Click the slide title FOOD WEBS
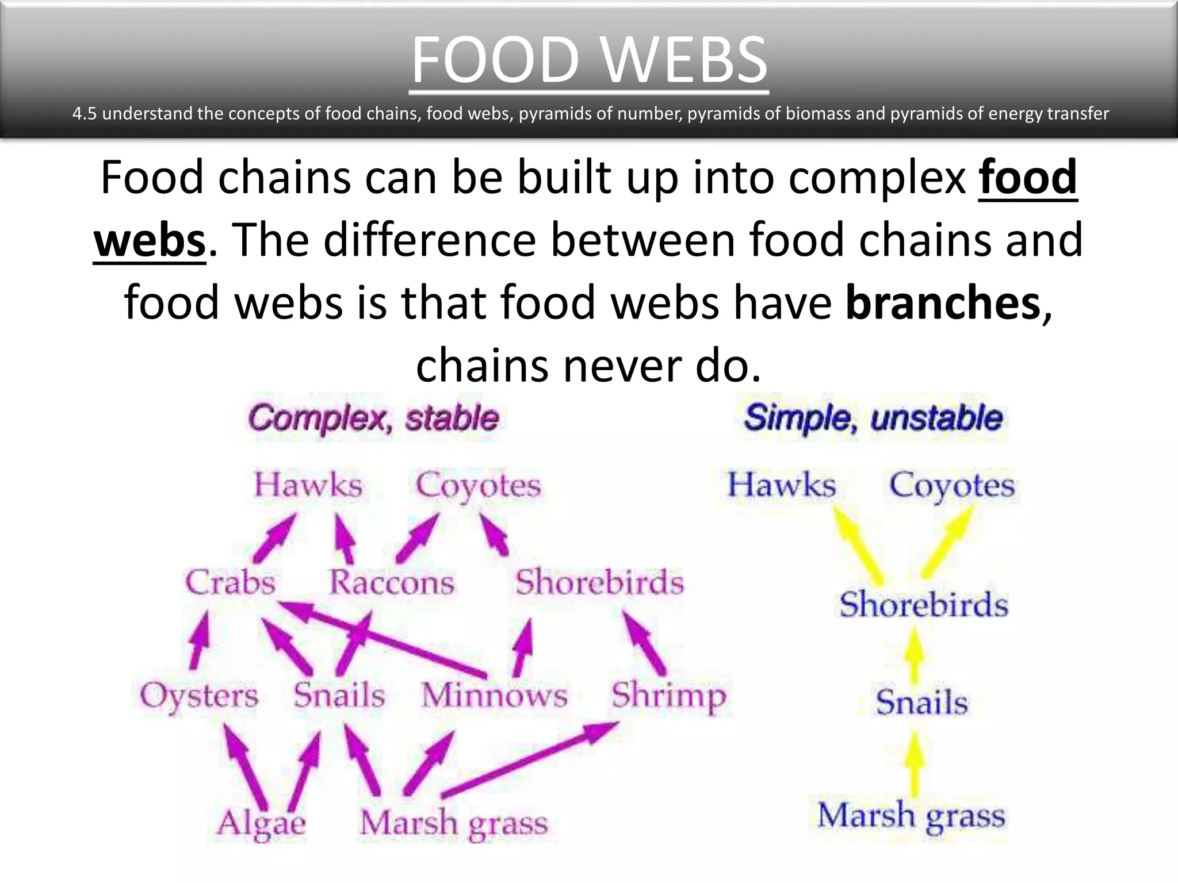pyautogui.click(x=589, y=60)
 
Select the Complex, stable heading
pyautogui.click(x=373, y=418)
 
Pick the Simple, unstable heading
pyautogui.click(x=873, y=418)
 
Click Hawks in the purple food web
pyautogui.click(x=308, y=485)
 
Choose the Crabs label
pyautogui.click(x=230, y=582)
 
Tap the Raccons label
pyautogui.click(x=392, y=582)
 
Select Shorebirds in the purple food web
pyautogui.click(x=599, y=582)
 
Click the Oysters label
pyautogui.click(x=199, y=696)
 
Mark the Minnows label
pyautogui.click(x=494, y=695)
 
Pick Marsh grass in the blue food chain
pyautogui.click(x=911, y=816)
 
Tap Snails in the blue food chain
pyautogui.click(x=921, y=702)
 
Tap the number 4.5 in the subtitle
pyautogui.click(x=85, y=114)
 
